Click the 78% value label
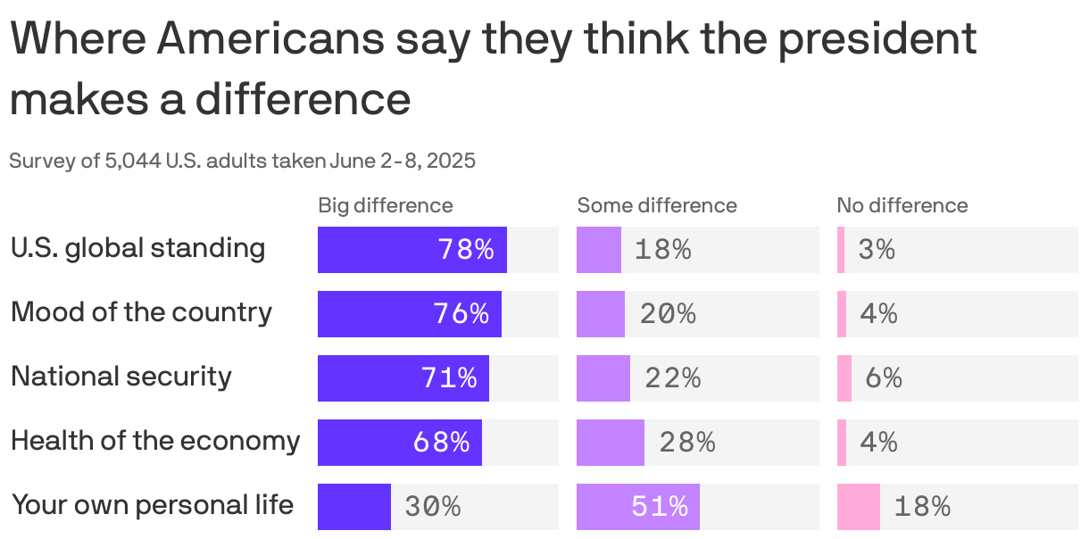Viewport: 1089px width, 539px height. (465, 250)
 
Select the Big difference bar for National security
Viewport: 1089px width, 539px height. (403, 378)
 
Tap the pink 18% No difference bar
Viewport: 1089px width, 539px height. (858, 507)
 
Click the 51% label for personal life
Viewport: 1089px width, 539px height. (660, 507)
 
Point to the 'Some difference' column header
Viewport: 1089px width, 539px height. (656, 205)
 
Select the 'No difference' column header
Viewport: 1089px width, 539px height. (902, 205)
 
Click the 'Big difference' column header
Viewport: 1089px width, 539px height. (385, 205)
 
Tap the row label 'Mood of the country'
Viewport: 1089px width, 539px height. (141, 312)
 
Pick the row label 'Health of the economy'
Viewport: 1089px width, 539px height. (155, 441)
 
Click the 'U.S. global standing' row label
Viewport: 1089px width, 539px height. (137, 248)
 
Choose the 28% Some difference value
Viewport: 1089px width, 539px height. (686, 443)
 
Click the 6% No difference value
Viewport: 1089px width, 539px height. (883, 378)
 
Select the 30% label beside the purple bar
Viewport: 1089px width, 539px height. (432, 507)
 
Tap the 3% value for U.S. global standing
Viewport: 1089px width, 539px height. (876, 250)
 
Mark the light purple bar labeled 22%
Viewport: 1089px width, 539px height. (603, 378)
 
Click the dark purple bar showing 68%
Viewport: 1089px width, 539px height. (399, 443)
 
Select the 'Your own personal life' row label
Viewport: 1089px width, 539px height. (152, 505)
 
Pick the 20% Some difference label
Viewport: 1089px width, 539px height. (667, 314)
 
